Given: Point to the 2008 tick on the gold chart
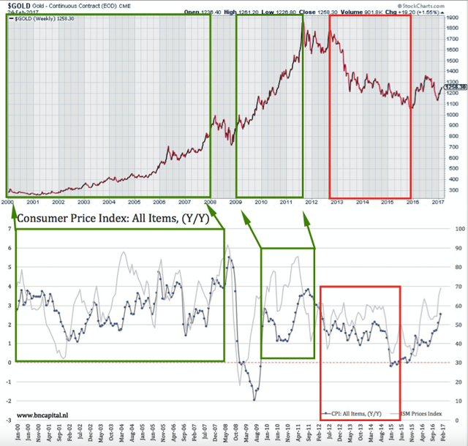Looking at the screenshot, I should pyautogui.click(x=210, y=202).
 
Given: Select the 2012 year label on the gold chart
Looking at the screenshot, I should pyautogui.click(x=312, y=202).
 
